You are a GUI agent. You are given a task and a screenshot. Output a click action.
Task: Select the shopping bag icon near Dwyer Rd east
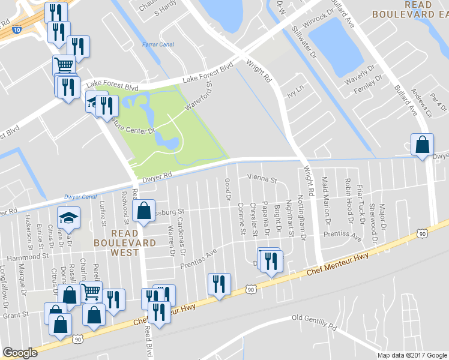click(422, 145)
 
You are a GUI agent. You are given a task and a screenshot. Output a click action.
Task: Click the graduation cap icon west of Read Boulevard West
click(68, 218)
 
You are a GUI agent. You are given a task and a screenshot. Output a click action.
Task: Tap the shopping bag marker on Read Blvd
click(144, 211)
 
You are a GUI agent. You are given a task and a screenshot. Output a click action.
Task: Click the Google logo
click(20, 353)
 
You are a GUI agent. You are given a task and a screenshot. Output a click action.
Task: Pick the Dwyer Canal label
click(80, 197)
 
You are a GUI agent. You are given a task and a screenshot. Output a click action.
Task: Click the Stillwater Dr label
click(304, 42)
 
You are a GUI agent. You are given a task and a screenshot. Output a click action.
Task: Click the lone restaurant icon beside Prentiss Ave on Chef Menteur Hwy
click(218, 284)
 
